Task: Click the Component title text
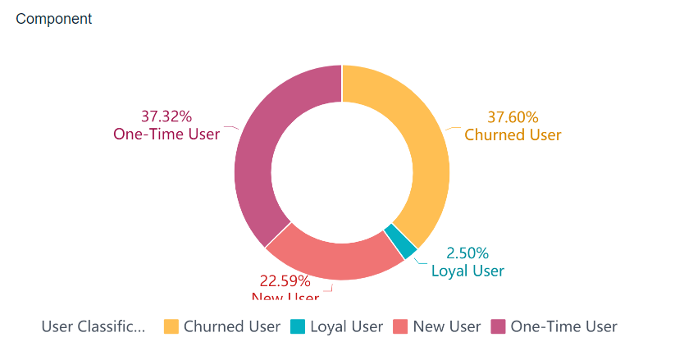pos(54,19)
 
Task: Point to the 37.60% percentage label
pos(513,117)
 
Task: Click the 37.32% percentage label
pos(166,116)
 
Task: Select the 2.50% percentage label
pos(467,253)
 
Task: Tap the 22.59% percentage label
pos(285,281)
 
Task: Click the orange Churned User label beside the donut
pos(513,134)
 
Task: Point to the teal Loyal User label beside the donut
pos(467,271)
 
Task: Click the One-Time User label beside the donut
pos(166,134)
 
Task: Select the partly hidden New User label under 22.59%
pos(285,297)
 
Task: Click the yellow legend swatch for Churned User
pos(171,326)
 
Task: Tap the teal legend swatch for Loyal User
pos(297,326)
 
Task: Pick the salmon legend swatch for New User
pos(401,326)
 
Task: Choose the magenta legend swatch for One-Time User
pos(498,326)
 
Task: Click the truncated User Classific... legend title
pos(93,326)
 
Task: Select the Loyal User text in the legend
pos(346,326)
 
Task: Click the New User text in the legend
pos(447,326)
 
